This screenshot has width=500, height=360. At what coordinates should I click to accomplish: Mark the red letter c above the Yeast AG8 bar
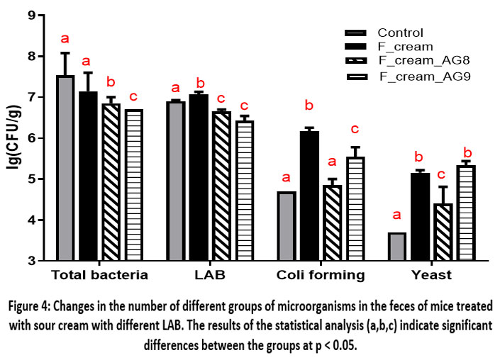[x=443, y=174]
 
